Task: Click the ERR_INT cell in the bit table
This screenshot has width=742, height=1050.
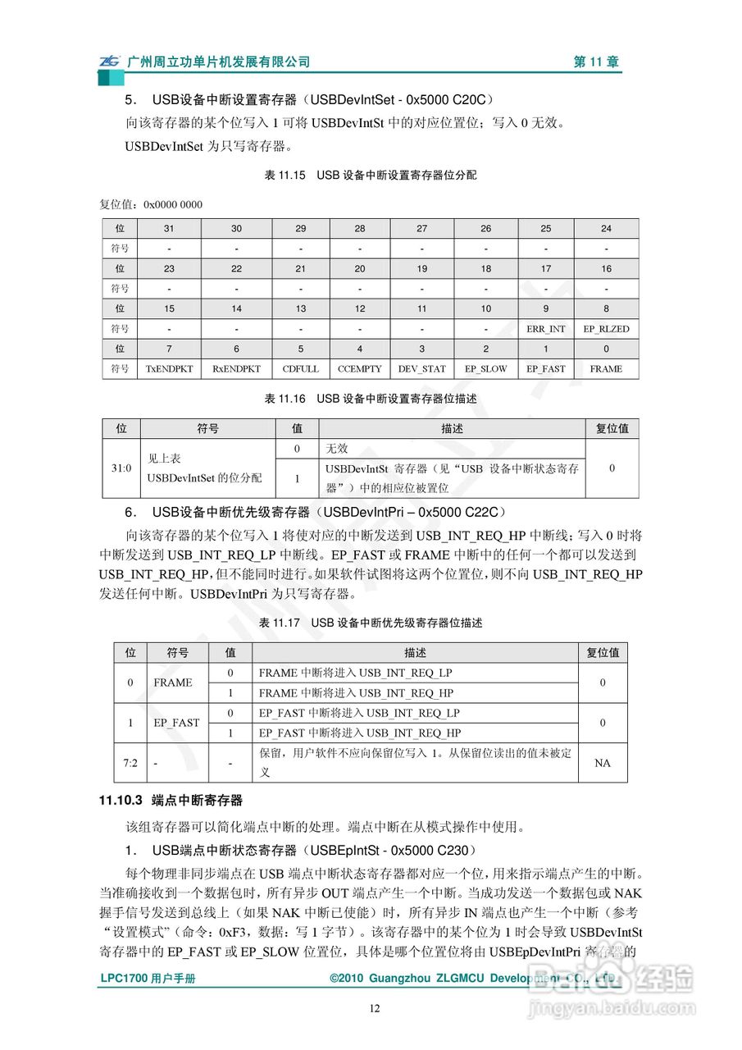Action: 545,329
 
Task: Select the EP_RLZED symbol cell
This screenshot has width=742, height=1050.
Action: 606,329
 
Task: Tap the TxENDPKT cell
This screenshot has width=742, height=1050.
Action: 169,369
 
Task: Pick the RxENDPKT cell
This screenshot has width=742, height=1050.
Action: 236,369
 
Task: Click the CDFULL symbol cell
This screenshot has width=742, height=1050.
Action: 300,369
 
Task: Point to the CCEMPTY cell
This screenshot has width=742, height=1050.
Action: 359,369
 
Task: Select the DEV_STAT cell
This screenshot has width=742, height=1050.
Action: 421,369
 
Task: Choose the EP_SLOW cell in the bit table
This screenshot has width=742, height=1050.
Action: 485,369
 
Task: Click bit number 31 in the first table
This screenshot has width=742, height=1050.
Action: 169,229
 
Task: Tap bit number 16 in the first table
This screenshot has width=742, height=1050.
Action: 606,269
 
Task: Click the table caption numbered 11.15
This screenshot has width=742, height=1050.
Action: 370,175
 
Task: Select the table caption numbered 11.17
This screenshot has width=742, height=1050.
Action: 370,623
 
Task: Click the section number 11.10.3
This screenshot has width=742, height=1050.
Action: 121,800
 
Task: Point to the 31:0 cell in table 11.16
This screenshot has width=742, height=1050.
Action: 121,468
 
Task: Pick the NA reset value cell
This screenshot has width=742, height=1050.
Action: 602,763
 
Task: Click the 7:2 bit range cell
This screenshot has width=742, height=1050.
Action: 130,763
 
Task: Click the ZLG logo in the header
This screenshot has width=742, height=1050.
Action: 110,62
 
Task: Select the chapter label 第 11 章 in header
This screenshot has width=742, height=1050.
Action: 596,62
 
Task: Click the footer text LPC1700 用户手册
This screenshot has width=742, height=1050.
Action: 148,979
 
